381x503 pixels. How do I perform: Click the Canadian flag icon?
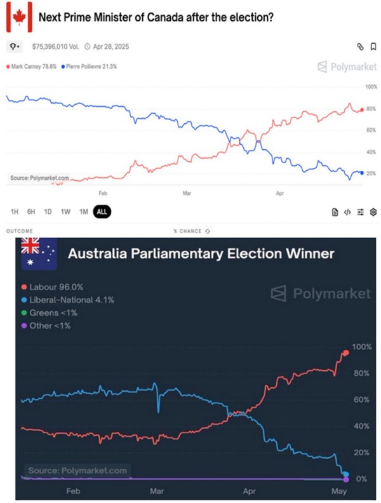pyautogui.click(x=19, y=18)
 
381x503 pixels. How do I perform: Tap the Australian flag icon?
pyautogui.click(x=38, y=253)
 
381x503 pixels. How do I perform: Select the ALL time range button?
pyautogui.click(x=101, y=212)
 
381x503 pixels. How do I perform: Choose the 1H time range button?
pyautogui.click(x=15, y=212)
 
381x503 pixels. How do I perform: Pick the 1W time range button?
pyautogui.click(x=65, y=212)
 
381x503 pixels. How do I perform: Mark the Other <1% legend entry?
pyautogui.click(x=50, y=326)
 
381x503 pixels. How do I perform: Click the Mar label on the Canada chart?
pyautogui.click(x=187, y=191)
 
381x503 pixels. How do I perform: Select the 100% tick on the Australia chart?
pyautogui.click(x=361, y=347)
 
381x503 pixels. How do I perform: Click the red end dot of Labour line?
pyautogui.click(x=346, y=353)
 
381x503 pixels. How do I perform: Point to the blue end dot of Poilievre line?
pyautogui.click(x=361, y=173)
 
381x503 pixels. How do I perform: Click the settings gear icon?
pyautogui.click(x=373, y=212)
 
